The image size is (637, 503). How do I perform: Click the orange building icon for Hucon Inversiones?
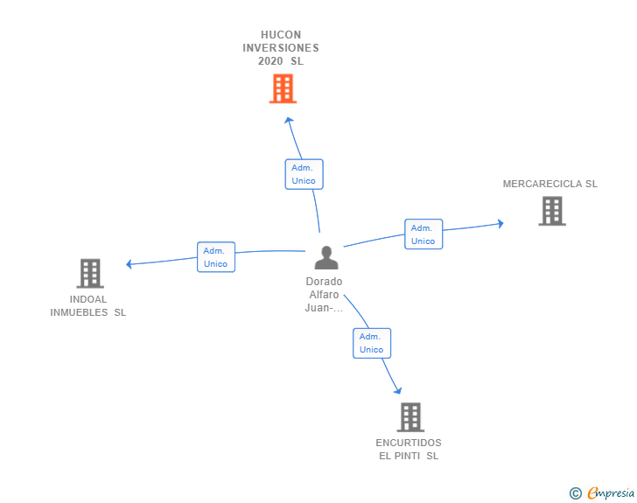282,88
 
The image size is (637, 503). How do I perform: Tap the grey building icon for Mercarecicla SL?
551,211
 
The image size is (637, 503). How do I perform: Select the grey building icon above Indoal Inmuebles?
90,273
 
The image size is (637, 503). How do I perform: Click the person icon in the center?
325,257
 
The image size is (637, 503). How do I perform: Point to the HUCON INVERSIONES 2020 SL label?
281,48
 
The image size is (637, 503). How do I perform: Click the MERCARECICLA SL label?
549,184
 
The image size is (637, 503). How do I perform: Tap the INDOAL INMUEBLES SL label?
88,305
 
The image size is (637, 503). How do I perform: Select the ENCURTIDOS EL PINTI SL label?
409,449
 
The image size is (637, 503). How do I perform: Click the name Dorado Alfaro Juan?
324,295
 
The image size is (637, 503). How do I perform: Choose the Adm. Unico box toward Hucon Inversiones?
304,174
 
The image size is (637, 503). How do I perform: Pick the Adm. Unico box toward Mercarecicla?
423,234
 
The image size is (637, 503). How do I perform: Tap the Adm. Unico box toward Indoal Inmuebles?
215,257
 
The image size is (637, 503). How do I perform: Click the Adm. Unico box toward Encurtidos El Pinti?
371,343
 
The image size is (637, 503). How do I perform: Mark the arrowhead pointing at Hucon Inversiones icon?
290,119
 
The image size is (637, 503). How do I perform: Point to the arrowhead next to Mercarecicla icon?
500,223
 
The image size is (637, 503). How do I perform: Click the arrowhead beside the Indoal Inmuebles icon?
129,263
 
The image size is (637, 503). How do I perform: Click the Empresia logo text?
610,493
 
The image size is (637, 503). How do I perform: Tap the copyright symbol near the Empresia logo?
575,493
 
